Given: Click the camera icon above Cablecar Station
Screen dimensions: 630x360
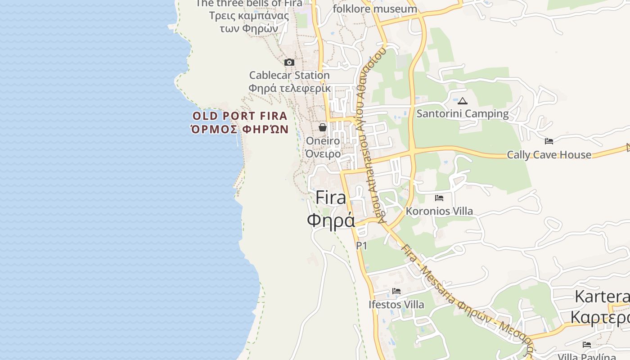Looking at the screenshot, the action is pos(289,62).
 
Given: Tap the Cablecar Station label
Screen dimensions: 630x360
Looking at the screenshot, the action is pos(289,75).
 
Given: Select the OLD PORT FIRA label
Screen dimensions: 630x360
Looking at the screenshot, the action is pos(240,116).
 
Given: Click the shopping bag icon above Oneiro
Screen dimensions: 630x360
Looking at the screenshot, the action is pos(323,127).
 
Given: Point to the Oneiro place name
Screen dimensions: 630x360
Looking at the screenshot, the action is pos(323,141).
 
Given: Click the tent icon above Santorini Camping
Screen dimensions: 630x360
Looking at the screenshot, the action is pos(463,101).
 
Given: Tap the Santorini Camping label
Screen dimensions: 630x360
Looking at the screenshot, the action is pos(463,113).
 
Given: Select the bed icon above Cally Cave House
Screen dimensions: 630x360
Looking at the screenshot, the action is pos(549,141).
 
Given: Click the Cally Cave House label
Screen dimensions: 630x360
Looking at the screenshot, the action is pos(549,155).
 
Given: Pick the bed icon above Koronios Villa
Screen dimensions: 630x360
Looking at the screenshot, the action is pos(439,198).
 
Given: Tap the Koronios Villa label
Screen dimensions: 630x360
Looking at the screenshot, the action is pos(439,211).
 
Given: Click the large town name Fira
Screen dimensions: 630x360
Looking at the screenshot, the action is pos(331,198).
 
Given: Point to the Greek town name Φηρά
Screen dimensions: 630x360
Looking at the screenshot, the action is pos(331,220).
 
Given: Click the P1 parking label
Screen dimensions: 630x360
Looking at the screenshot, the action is pos(362,246).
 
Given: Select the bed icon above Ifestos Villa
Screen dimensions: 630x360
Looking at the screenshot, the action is pos(396,291).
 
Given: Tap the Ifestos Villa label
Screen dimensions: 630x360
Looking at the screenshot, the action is pos(396,305).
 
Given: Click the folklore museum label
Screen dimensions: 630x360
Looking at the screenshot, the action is pos(375,9).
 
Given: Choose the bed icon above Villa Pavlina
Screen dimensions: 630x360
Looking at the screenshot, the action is pos(587,345).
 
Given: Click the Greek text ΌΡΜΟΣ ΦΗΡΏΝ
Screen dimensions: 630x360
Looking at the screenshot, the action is pos(240,130).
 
